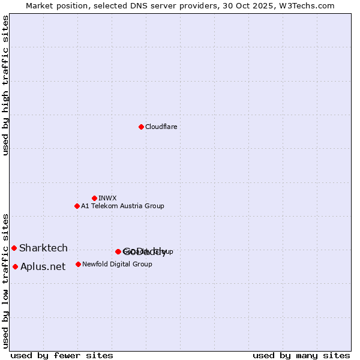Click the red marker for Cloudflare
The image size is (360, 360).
(x=141, y=127)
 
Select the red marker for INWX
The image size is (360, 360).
(x=94, y=198)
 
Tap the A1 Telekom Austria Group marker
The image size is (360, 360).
(x=77, y=206)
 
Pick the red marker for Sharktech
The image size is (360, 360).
(x=14, y=248)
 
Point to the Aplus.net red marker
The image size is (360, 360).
(x=15, y=266)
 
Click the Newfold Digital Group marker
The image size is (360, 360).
(x=78, y=264)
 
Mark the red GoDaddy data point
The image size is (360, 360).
(x=118, y=251)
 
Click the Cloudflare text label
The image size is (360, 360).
(x=161, y=127)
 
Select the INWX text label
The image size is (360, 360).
(x=107, y=198)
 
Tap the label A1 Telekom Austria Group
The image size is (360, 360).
(x=122, y=206)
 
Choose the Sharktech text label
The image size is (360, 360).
(x=43, y=248)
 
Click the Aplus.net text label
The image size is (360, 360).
(x=43, y=266)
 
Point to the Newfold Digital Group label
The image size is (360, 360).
(x=117, y=264)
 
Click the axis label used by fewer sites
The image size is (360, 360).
(x=62, y=355)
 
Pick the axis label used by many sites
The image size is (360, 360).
(x=301, y=355)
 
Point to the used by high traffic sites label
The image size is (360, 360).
(x=6, y=86)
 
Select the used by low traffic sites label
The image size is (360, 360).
(x=6, y=281)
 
